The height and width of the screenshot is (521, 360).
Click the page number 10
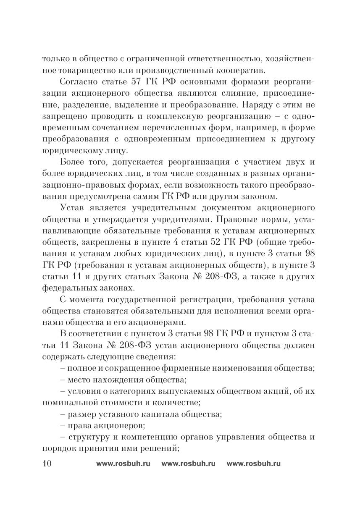click(x=46, y=463)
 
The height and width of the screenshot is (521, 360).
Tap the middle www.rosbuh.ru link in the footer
click(x=188, y=463)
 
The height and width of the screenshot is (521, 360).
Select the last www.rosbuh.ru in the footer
click(x=253, y=463)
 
